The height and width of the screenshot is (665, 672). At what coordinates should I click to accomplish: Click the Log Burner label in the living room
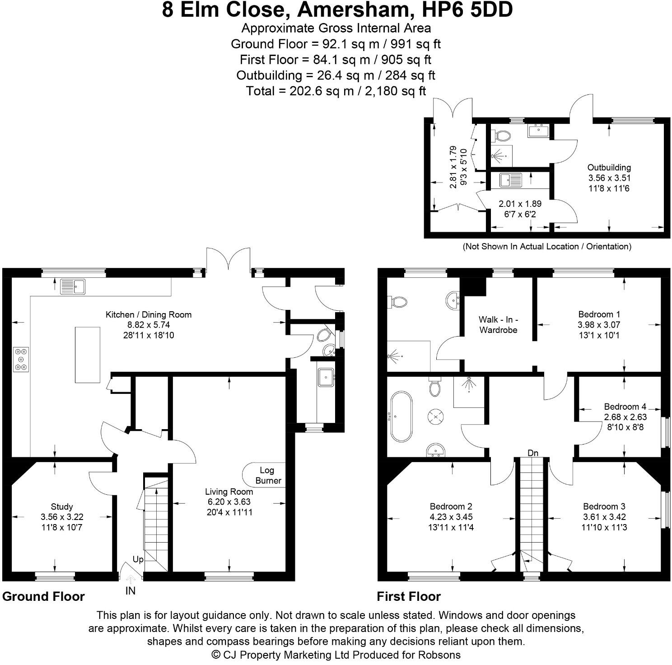[268, 475]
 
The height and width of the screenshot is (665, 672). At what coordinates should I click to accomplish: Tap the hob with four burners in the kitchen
[21, 359]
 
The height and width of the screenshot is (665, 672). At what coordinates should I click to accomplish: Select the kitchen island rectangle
[88, 355]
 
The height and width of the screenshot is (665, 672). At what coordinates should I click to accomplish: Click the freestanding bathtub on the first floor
[401, 416]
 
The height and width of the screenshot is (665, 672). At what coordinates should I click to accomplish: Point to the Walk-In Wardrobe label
[498, 324]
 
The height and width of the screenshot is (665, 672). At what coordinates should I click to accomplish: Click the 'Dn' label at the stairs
[533, 453]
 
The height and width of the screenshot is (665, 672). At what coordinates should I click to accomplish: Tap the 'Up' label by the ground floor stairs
[138, 559]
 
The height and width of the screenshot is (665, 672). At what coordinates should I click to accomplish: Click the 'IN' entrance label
[130, 590]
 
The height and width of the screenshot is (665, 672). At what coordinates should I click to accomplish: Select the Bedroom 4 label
[625, 407]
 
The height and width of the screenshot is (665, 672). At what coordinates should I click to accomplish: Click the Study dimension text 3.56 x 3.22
[62, 517]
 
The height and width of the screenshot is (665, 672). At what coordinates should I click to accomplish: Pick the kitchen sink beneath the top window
[73, 286]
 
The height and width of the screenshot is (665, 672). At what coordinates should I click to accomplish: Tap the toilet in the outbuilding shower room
[502, 135]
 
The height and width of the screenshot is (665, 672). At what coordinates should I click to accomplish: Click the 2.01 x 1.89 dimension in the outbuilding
[520, 204]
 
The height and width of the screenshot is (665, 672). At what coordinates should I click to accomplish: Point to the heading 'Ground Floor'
[43, 596]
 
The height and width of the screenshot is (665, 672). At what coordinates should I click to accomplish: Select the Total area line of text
[336, 91]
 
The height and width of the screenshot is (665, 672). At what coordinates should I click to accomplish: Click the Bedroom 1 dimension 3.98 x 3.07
[599, 324]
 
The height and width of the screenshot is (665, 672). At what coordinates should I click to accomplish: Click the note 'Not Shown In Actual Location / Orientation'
[546, 246]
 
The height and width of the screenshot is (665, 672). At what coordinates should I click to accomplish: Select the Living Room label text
[229, 492]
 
